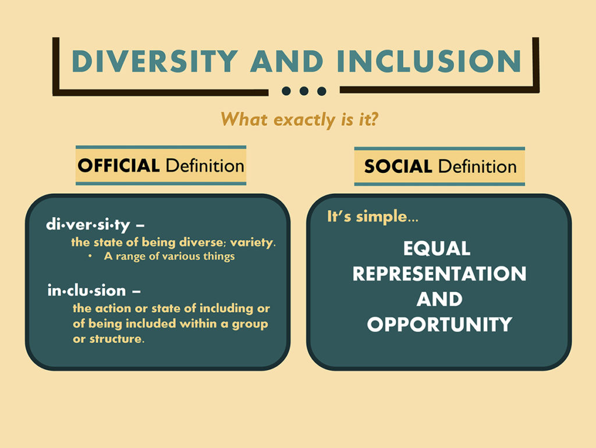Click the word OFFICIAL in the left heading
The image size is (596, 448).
(119, 166)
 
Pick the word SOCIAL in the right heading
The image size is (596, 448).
(398, 167)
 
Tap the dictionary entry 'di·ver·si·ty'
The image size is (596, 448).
(88, 225)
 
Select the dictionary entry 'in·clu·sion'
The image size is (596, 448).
(87, 290)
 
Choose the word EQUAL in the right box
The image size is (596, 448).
(437, 248)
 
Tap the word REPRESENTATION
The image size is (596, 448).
(439, 273)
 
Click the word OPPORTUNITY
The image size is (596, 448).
(439, 324)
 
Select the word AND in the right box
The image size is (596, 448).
(439, 299)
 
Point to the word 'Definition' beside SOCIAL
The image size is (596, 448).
(477, 167)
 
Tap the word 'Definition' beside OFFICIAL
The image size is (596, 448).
(204, 166)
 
